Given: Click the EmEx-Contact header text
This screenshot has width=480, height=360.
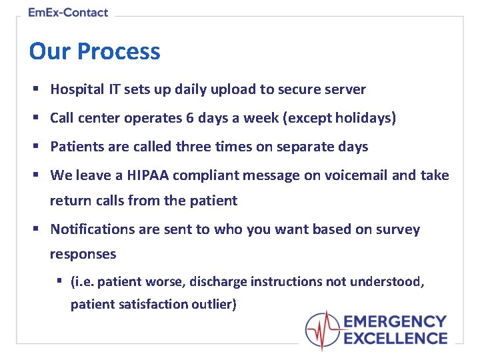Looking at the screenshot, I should click(68, 12).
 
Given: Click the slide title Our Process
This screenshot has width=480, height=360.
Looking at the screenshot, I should click(95, 51).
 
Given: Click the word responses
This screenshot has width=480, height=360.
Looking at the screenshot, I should click(83, 254).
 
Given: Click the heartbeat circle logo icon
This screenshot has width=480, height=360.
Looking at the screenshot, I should click(323, 331).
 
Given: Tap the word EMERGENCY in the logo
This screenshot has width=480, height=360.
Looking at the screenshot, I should click(395, 323).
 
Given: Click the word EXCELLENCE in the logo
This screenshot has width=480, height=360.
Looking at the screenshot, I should click(395, 339).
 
